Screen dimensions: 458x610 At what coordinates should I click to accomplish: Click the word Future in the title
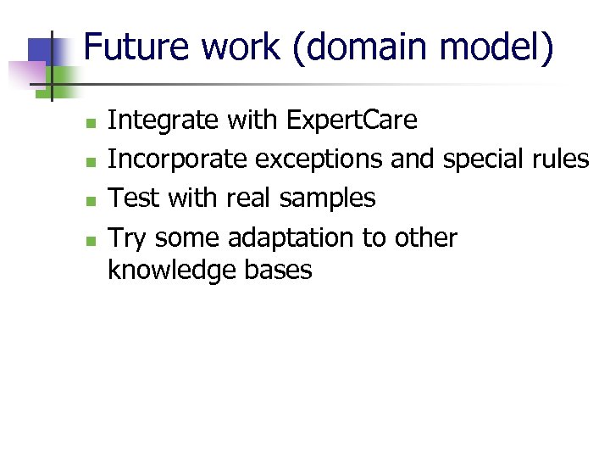point(136,48)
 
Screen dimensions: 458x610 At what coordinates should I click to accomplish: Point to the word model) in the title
point(509,48)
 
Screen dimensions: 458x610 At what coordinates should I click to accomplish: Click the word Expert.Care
point(352,120)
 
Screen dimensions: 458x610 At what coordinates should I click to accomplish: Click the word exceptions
point(319,159)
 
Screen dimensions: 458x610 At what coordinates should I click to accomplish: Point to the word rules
point(562,159)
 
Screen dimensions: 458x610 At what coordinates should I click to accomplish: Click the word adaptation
point(291,237)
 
